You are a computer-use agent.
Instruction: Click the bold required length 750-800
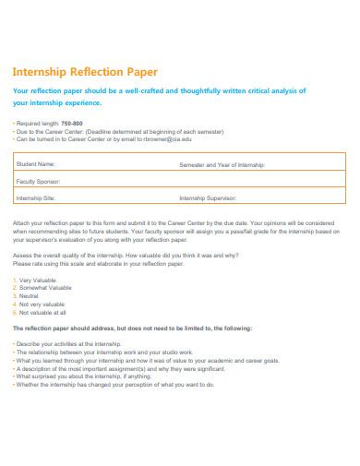(72, 122)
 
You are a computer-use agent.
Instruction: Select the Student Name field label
(36, 163)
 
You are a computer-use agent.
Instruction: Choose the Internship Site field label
(36, 197)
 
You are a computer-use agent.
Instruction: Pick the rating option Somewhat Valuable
(45, 287)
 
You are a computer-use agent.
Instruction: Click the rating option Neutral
(31, 295)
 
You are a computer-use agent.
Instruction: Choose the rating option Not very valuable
(42, 304)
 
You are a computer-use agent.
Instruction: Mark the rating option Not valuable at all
(42, 312)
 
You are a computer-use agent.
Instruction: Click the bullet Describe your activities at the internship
(69, 342)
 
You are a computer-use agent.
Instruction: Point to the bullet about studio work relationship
(102, 351)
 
